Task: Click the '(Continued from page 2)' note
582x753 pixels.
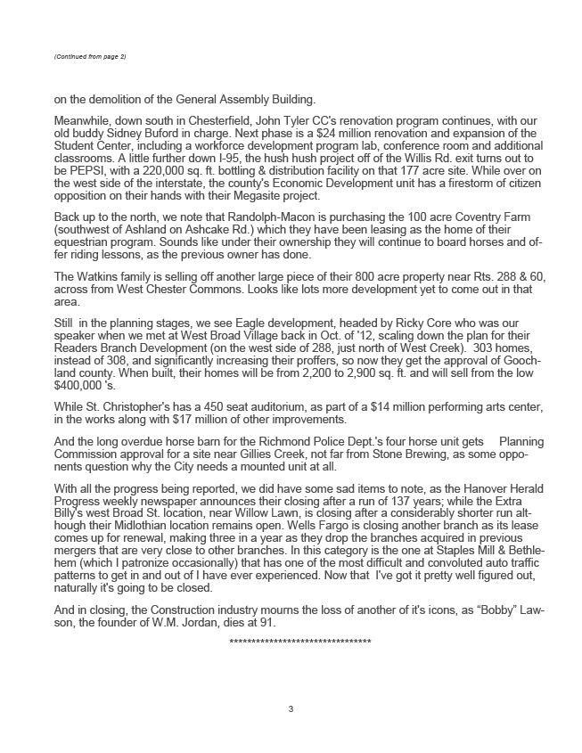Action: point(91,57)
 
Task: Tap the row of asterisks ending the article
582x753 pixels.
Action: point(300,642)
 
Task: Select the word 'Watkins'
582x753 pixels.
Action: point(104,276)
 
